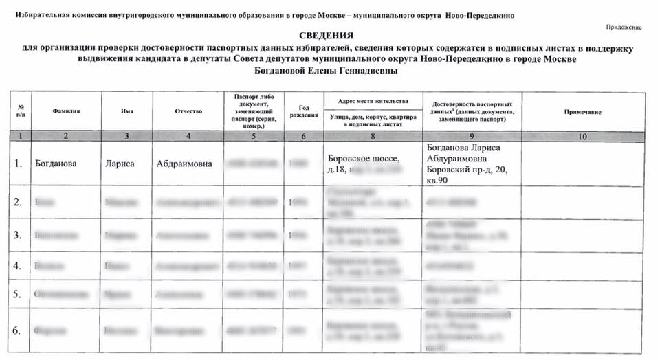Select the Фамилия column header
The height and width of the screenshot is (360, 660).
point(65,111)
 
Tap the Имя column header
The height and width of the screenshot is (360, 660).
point(126,111)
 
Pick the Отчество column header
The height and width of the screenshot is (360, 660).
point(188,111)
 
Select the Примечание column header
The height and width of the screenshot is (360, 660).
point(582,111)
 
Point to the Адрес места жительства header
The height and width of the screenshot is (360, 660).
point(373,100)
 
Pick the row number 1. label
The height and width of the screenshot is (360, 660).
point(19,164)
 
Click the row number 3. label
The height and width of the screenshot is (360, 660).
point(19,235)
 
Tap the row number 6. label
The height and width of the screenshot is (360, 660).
point(19,331)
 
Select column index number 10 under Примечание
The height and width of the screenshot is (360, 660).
point(582,136)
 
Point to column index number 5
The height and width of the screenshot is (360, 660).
point(254,136)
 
